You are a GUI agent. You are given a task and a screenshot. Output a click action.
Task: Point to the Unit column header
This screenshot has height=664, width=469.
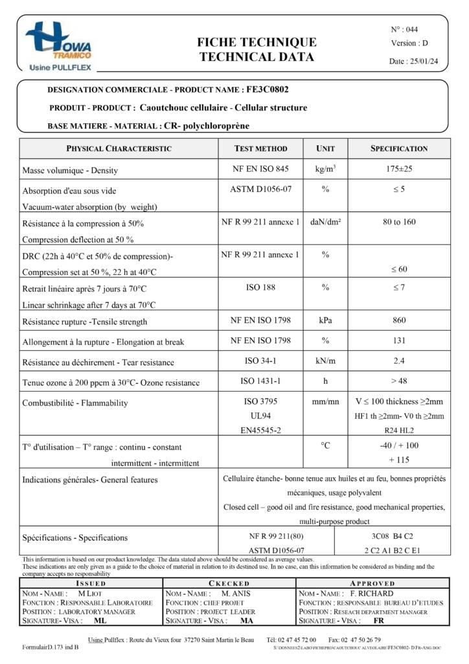[x=325, y=148]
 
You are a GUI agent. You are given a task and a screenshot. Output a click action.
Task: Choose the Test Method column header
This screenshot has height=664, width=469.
[x=260, y=148]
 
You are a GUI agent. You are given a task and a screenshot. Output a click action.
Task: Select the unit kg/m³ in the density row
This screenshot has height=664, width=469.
[x=325, y=169]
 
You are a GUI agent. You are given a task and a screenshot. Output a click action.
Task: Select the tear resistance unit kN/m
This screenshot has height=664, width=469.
[x=325, y=361]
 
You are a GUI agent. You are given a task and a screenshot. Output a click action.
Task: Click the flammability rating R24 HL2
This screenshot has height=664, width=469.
[x=398, y=429]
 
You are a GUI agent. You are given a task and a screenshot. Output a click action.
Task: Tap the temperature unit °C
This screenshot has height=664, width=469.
[x=325, y=445]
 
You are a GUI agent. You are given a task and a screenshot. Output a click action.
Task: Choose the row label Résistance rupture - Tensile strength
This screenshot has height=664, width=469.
[x=85, y=322]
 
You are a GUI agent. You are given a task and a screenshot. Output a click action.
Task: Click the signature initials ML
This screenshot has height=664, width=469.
[x=100, y=621]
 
